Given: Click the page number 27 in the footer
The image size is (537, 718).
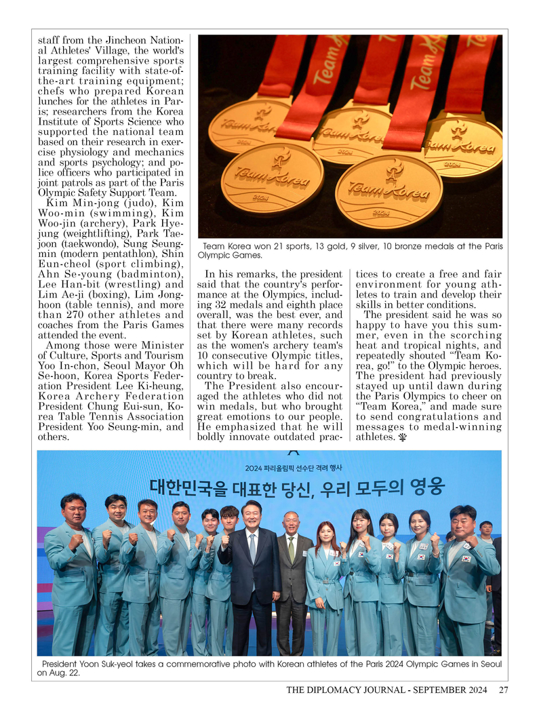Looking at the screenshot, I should [x=503, y=690].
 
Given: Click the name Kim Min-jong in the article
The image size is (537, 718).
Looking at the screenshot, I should [x=74, y=203].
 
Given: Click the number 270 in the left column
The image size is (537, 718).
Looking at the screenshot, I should [x=75, y=315].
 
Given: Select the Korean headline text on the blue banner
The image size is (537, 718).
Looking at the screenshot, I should [x=297, y=487].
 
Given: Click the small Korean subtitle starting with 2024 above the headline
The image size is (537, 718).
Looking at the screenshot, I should [x=294, y=467].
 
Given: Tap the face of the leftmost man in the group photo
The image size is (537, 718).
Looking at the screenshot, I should [x=73, y=511].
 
